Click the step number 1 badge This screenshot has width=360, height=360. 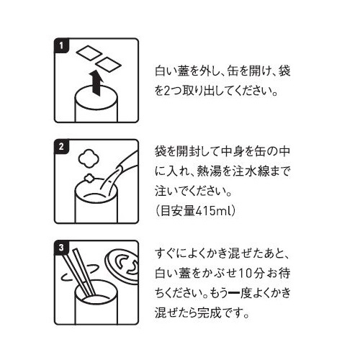pyautogui.click(x=61, y=45)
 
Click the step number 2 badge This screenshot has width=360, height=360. pyautogui.click(x=61, y=146)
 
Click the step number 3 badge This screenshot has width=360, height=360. pyautogui.click(x=61, y=247)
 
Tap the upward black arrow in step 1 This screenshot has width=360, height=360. pyautogui.click(x=96, y=83)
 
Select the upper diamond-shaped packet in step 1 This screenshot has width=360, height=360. pyautogui.click(x=89, y=53)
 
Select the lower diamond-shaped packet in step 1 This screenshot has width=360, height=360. pyautogui.click(x=108, y=65)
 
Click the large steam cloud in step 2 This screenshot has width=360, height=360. pyautogui.click(x=89, y=158)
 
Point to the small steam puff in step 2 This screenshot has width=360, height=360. pyautogui.click(x=89, y=178)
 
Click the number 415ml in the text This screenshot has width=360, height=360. pyautogui.click(x=210, y=211)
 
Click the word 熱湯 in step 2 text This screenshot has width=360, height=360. pyautogui.click(x=207, y=172)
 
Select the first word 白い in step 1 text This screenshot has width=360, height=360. pyautogui.click(x=166, y=71)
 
